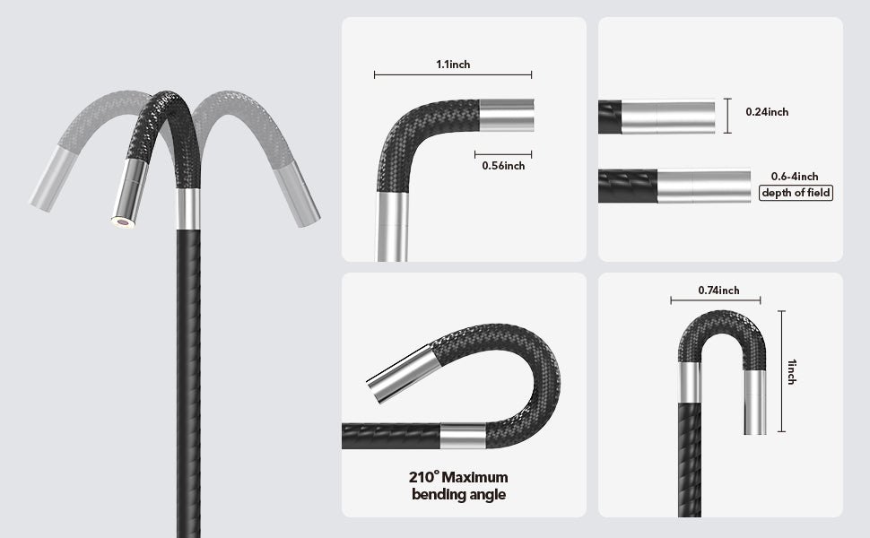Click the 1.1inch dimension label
point(452,65)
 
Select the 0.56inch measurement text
point(503,165)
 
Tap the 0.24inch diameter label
point(767,112)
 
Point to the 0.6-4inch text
point(795,177)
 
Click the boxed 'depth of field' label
point(796,193)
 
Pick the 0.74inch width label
point(718,290)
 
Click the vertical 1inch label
point(792,370)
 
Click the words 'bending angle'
point(458,494)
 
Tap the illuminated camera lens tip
point(123,221)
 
